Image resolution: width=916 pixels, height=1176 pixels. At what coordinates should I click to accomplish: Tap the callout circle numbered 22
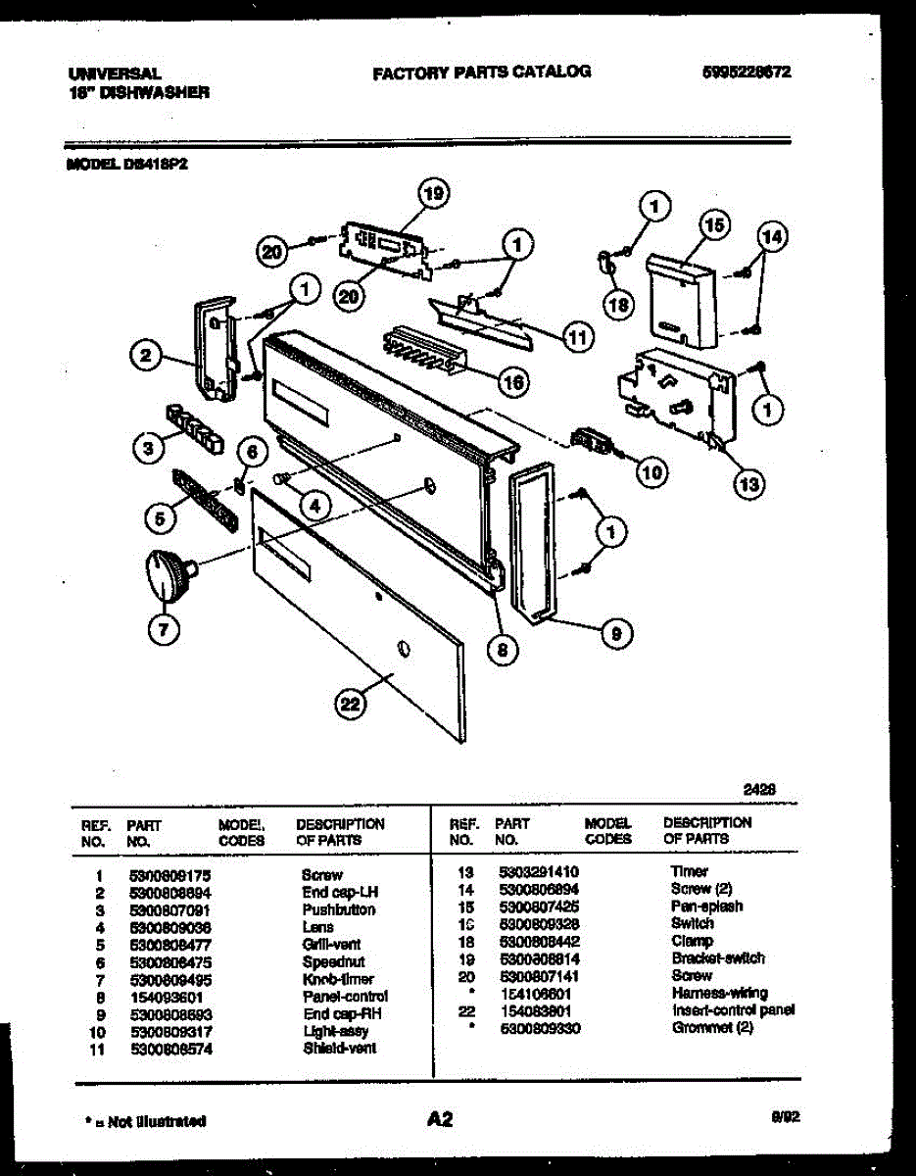351,703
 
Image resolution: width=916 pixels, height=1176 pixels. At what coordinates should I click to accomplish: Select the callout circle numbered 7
163,628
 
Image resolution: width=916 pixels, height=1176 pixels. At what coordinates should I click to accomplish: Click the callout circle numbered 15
714,225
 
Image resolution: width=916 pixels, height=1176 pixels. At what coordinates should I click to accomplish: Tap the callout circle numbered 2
145,358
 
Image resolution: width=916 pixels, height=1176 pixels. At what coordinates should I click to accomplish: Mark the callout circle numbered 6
252,452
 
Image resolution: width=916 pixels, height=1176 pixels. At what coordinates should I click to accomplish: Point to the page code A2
440,1118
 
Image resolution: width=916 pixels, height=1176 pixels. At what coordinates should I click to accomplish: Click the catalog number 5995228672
747,72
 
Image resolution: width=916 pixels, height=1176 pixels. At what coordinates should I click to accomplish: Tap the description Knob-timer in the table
338,979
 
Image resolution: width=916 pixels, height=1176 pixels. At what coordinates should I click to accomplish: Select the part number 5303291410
539,871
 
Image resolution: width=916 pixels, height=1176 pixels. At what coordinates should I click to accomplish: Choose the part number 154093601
163,997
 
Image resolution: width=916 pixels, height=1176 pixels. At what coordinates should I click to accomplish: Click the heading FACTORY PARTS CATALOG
481,72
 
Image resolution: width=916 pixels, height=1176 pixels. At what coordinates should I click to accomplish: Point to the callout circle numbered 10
650,472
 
